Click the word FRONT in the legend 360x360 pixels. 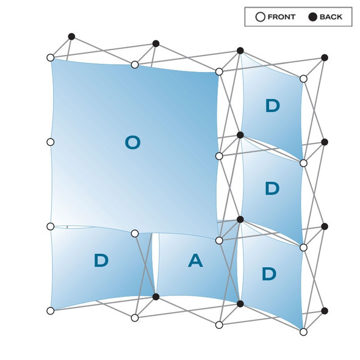pyautogui.click(x=281, y=17)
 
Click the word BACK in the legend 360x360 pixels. pyautogui.click(x=331, y=17)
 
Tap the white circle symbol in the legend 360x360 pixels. pyautogui.click(x=261, y=17)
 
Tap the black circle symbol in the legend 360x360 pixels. pyautogui.click(x=312, y=17)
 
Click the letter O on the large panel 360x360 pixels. pyautogui.click(x=132, y=143)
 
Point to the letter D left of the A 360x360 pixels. pyautogui.click(x=101, y=261)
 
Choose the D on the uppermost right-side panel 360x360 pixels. pyautogui.click(x=273, y=106)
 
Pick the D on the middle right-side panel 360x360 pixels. pyautogui.click(x=272, y=189)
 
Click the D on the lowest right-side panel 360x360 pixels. pyautogui.click(x=269, y=274)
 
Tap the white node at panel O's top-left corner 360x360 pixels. pyautogui.click(x=51, y=57)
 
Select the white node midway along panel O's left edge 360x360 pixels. pyautogui.click(x=51, y=142)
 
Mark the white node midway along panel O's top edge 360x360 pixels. pyautogui.click(x=135, y=65)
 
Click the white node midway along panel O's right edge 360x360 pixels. pyautogui.click(x=219, y=156)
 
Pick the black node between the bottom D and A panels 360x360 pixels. pyautogui.click(x=156, y=297)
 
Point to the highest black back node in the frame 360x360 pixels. pyautogui.click(x=71, y=37)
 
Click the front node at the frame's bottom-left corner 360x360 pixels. pyautogui.click(x=51, y=311)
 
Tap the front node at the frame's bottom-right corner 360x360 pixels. pyautogui.click(x=303, y=332)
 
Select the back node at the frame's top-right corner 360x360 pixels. pyautogui.click(x=325, y=57)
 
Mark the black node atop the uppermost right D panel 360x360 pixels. pyautogui.click(x=240, y=51)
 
